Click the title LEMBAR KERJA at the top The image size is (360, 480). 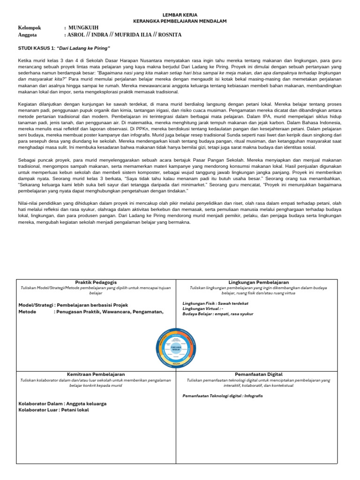[x=180, y=15]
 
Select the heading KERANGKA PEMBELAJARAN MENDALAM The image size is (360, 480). [x=180, y=22]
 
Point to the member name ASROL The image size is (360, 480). [x=76, y=35]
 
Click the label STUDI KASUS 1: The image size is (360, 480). [x=37, y=48]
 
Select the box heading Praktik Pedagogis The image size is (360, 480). [x=96, y=282]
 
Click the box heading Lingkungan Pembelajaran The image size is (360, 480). [x=258, y=282]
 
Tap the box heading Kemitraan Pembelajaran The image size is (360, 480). [x=96, y=374]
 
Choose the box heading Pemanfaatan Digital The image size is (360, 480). [x=258, y=374]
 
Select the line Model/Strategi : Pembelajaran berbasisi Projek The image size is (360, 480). [x=73, y=305]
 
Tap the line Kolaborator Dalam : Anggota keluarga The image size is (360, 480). [x=62, y=403]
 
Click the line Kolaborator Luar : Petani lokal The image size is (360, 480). [x=53, y=410]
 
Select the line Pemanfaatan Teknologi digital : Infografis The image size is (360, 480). [x=223, y=396]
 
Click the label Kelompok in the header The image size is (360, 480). [x=29, y=28]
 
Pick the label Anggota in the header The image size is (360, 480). [x=27, y=35]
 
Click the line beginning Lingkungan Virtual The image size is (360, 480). [x=203, y=308]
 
